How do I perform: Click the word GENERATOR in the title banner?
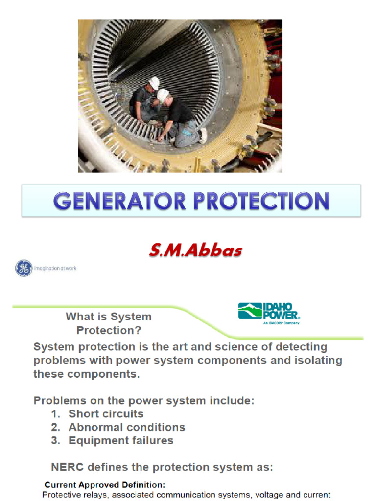pos(119,201)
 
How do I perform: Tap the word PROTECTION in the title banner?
pos(261,201)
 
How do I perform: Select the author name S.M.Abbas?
pos(195,250)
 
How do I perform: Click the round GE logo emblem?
pos(24,268)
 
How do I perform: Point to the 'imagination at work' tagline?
pos(55,269)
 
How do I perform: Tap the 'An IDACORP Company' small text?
pos(282,323)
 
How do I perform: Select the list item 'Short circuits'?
pos(106,414)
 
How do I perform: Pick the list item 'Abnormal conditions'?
pos(127,427)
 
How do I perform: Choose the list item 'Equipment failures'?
pos(121,441)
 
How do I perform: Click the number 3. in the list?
pos(56,441)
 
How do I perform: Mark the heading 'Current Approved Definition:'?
pos(105,485)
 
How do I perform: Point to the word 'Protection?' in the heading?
pos(109,330)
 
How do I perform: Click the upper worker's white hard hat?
pos(154,83)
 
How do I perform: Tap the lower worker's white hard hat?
pos(163,95)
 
